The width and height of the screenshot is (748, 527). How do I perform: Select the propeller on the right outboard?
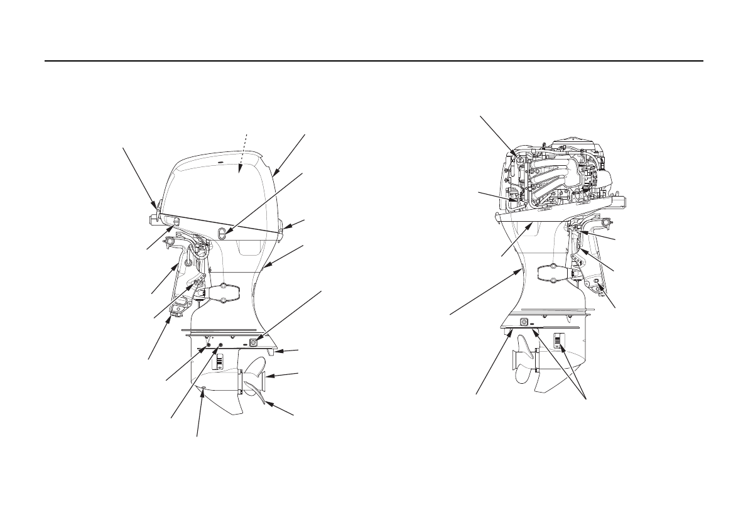[x=523, y=365]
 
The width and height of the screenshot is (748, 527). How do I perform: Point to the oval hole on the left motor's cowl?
[x=220, y=233]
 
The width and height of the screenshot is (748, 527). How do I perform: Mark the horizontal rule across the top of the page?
[x=374, y=62]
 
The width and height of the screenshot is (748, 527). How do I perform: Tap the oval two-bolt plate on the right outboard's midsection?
[x=553, y=273]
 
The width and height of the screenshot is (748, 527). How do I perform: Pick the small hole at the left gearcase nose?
[x=202, y=394]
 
